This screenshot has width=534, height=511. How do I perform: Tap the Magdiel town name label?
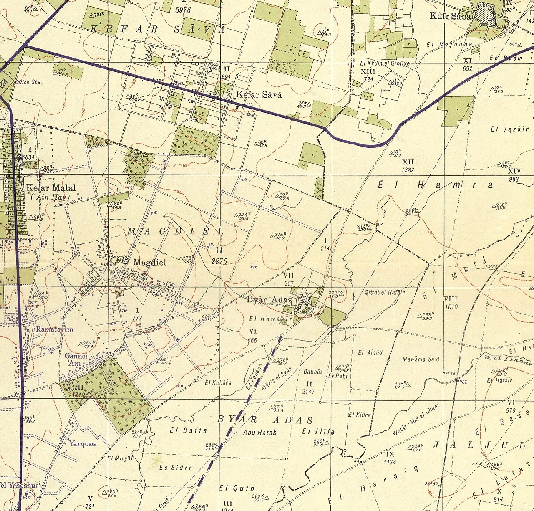pyautogui.click(x=149, y=263)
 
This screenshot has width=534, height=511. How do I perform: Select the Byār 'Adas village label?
pyautogui.click(x=269, y=300)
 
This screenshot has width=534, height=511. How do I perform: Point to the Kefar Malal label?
pyautogui.click(x=51, y=187)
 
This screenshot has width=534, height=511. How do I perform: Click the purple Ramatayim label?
pyautogui.click(x=55, y=329)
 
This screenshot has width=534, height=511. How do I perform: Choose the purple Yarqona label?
pyautogui.click(x=83, y=443)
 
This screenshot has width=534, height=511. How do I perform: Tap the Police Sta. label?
pyautogui.click(x=28, y=82)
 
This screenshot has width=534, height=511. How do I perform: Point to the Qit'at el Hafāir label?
pyautogui.click(x=385, y=292)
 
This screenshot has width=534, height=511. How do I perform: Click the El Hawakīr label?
pyautogui.click(x=269, y=319)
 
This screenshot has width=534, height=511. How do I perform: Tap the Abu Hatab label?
pyautogui.click(x=259, y=433)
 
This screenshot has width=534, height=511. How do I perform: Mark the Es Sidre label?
pyautogui.click(x=176, y=467)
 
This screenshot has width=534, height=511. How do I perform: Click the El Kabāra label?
pyautogui.click(x=218, y=382)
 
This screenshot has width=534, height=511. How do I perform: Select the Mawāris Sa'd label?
pyautogui.click(x=421, y=359)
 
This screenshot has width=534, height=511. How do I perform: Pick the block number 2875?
pyautogui.click(x=219, y=262)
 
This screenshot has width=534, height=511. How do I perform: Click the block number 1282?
pyautogui.click(x=408, y=170)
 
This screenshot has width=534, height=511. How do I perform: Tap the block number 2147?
pyautogui.click(x=309, y=392)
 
